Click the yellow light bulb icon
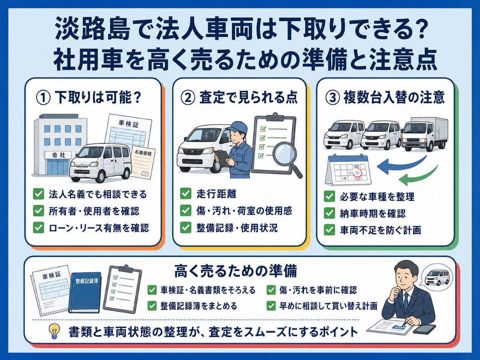(54, 331)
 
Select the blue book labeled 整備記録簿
(85, 292)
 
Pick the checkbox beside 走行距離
(186, 194)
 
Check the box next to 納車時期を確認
(329, 213)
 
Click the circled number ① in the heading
(43, 98)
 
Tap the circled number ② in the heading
(188, 98)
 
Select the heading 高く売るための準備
(236, 271)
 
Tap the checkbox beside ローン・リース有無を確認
(39, 228)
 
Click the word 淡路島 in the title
(90, 31)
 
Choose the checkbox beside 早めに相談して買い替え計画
(271, 306)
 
